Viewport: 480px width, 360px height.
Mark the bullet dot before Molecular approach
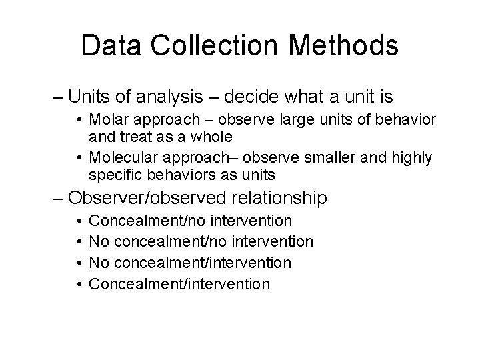(79, 158)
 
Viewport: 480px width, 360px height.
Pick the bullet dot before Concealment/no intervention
(79, 220)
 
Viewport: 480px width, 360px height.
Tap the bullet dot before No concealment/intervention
(79, 263)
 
